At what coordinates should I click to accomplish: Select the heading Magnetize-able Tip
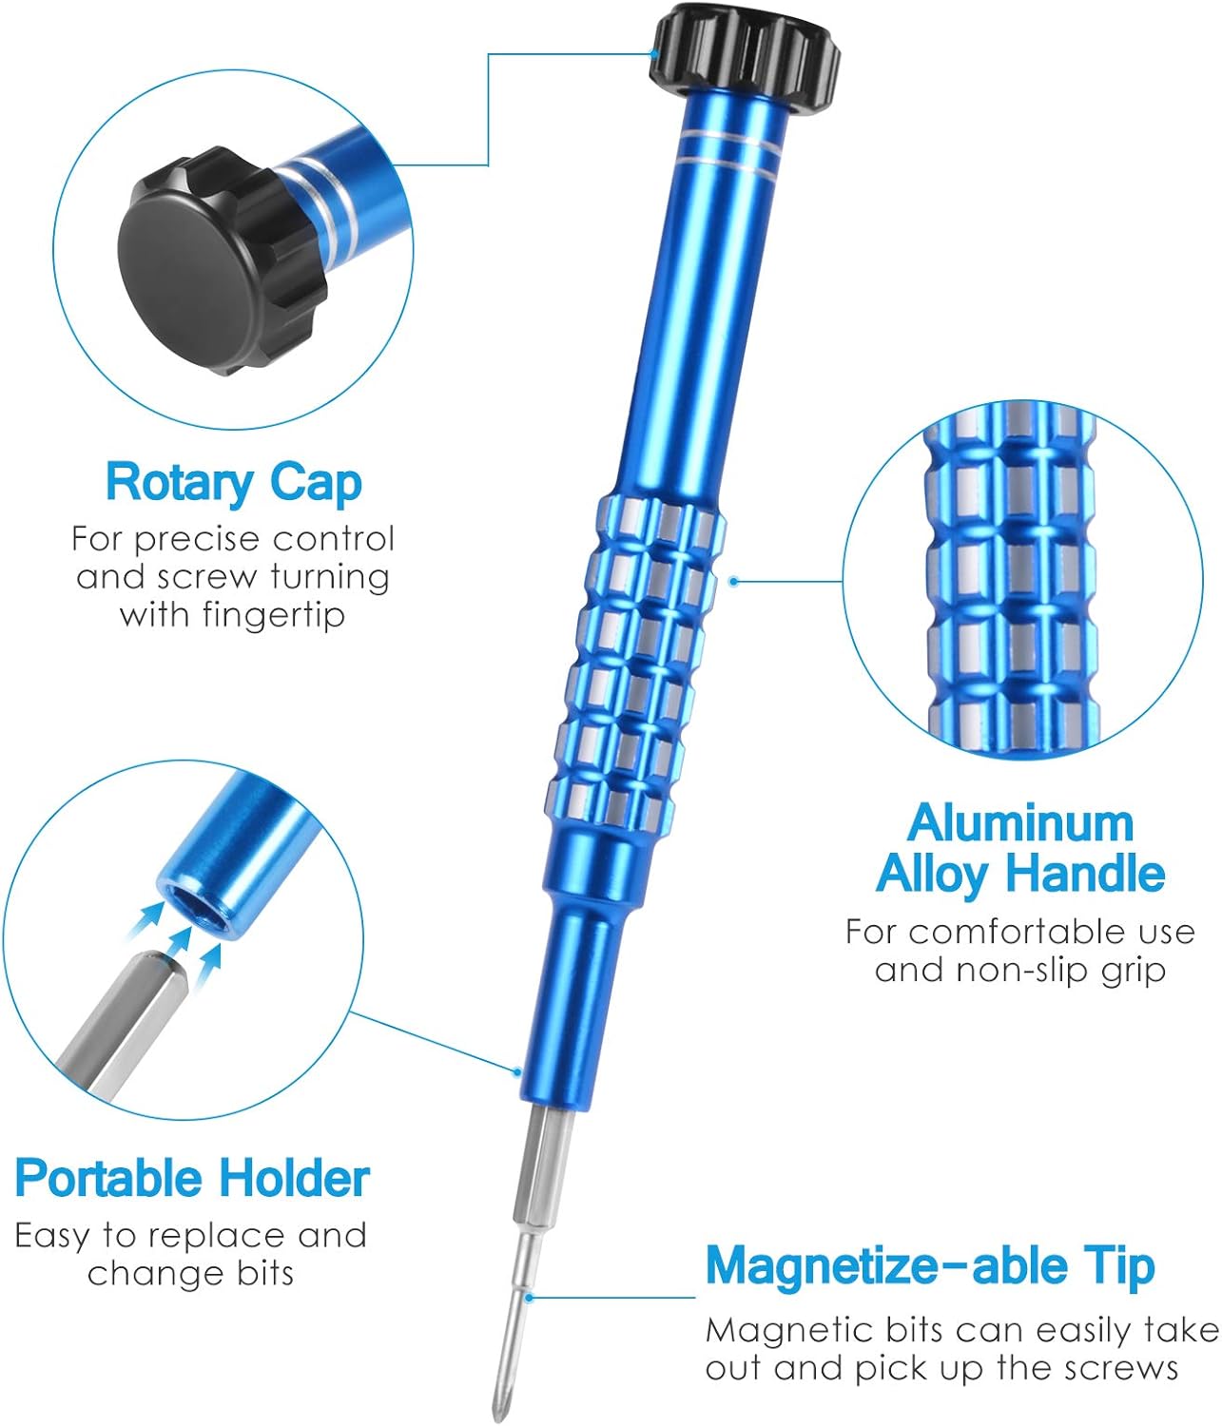click(x=930, y=1266)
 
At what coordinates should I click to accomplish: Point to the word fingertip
click(x=273, y=614)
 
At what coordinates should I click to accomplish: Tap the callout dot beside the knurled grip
click(x=733, y=582)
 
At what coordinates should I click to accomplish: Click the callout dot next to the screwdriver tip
click(x=529, y=1298)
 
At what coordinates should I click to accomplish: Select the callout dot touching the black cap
click(x=653, y=54)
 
